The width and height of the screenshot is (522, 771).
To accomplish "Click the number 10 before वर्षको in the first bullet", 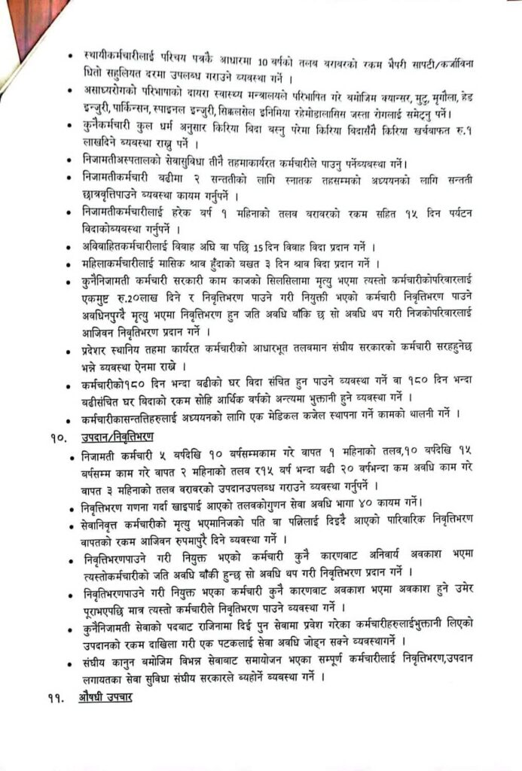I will [261, 59].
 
